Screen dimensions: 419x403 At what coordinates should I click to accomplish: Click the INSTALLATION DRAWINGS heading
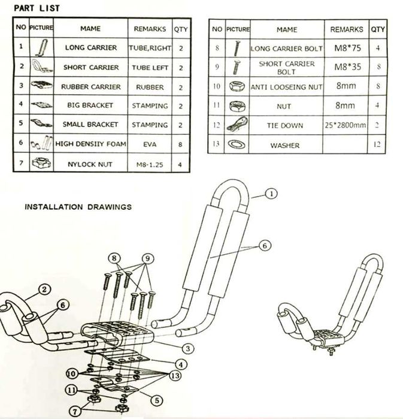coord(78,207)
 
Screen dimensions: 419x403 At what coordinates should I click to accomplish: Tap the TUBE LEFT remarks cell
coord(150,67)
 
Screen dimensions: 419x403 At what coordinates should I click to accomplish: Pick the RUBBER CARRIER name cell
coord(91,86)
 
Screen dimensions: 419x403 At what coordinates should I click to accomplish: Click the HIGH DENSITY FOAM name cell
coord(91,144)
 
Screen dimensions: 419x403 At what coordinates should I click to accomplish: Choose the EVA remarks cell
coord(150,144)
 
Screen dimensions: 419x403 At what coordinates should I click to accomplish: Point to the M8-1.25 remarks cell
coord(150,163)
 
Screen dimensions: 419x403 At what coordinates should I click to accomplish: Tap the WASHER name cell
coord(285,145)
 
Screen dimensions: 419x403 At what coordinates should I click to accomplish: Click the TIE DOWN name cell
coord(285,126)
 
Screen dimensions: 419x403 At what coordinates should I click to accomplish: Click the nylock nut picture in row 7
coord(41,163)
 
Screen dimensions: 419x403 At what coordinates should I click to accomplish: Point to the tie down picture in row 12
coord(237,126)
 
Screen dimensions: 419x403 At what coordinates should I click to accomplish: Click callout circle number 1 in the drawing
coord(271,194)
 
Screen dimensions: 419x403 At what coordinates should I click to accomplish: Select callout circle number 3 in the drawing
coord(187,347)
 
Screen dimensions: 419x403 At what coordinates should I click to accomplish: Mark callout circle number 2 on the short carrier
coord(44,290)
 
